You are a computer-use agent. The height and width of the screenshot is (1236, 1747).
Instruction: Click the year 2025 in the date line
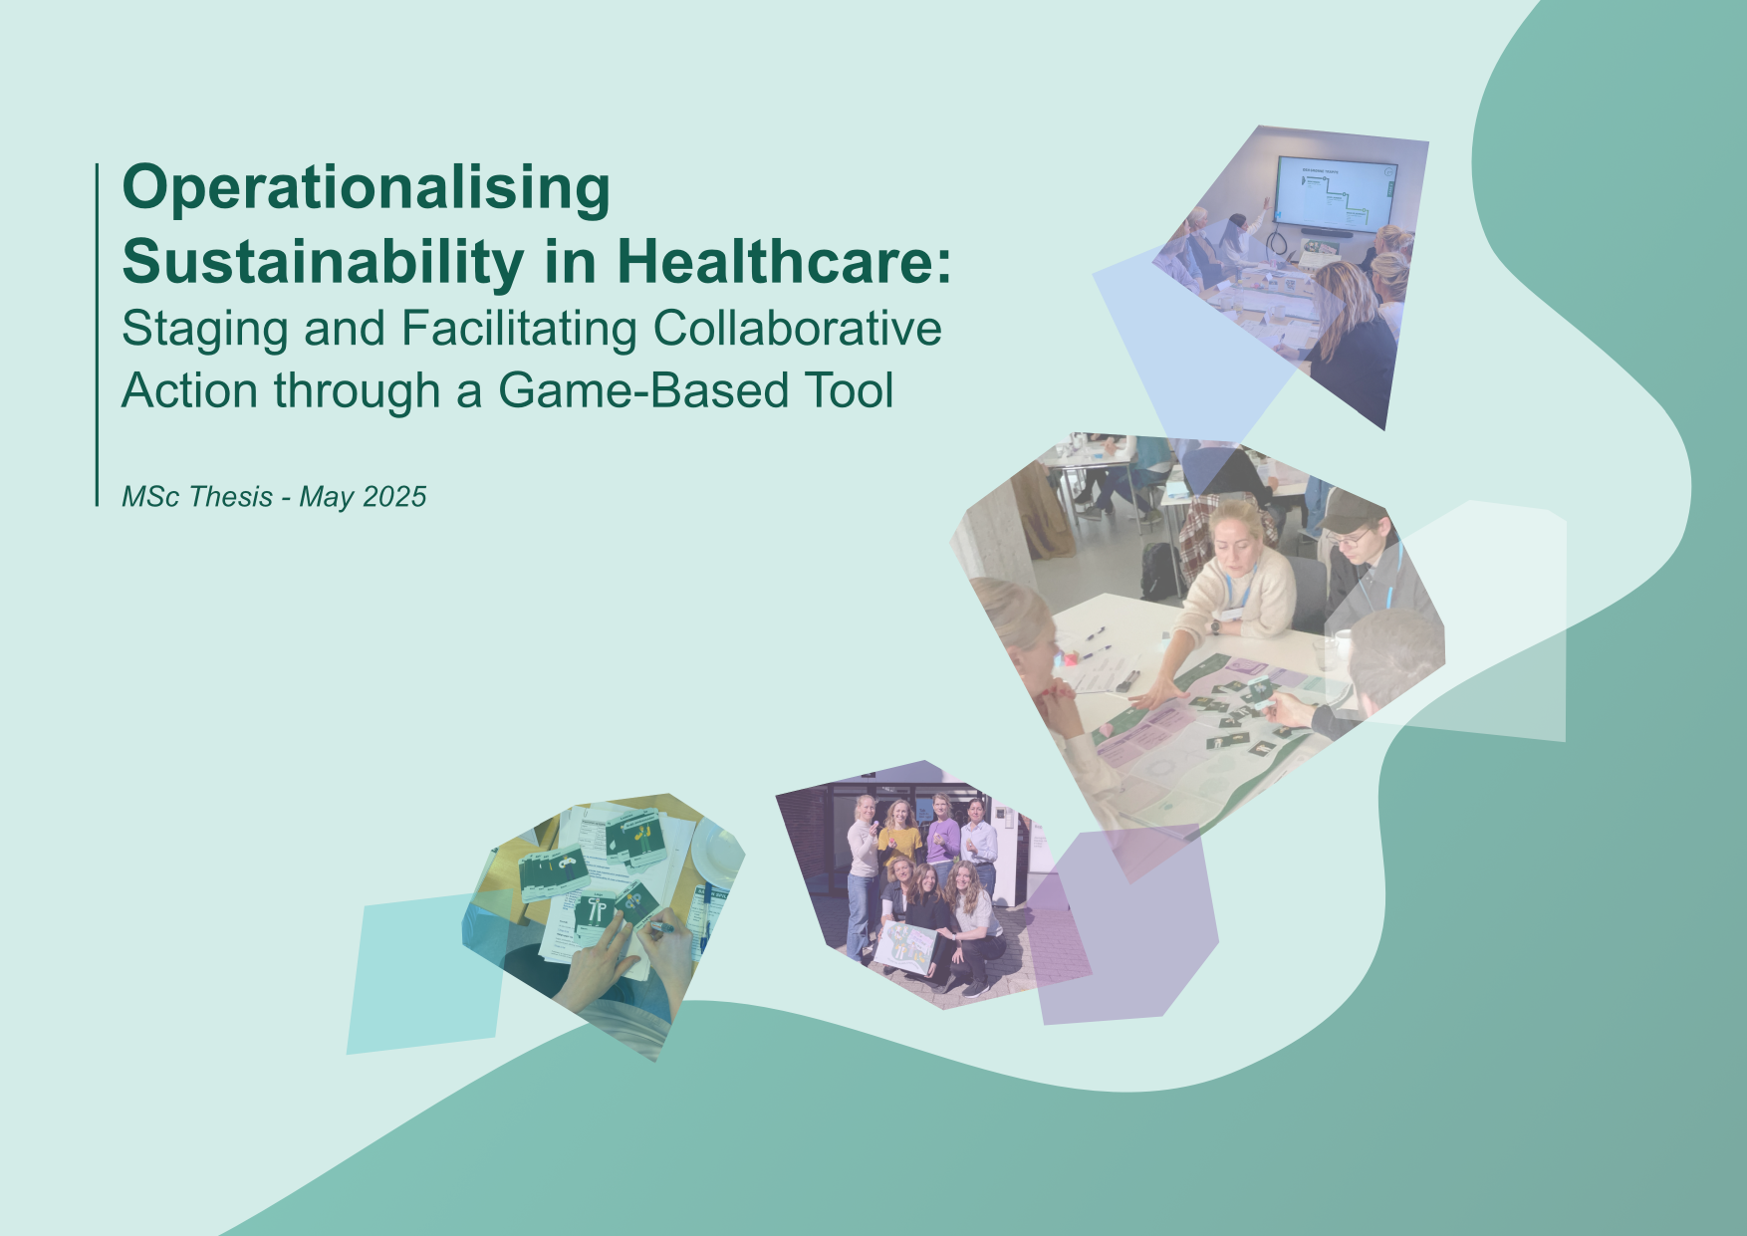(394, 496)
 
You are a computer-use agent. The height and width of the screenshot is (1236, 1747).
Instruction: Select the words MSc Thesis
(197, 496)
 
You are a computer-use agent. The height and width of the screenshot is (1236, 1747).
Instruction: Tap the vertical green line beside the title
(98, 335)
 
